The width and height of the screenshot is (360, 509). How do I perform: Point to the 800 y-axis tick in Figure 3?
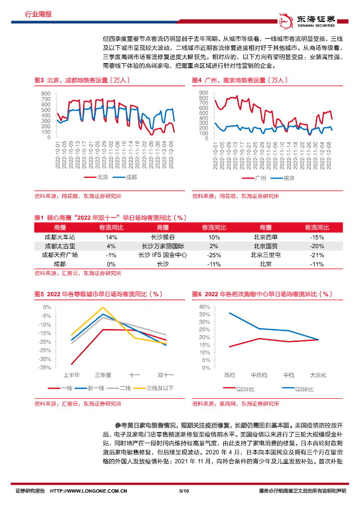(45, 94)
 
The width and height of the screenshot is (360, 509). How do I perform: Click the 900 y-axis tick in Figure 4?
(204, 93)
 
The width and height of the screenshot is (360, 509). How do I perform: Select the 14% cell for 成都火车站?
(111, 237)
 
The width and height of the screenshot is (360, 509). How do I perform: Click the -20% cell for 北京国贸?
(317, 246)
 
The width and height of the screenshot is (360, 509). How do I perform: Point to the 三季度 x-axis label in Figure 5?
(103, 375)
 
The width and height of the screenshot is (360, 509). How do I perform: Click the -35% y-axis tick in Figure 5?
(45, 367)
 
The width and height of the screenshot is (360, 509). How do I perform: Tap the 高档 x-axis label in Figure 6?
(230, 375)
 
